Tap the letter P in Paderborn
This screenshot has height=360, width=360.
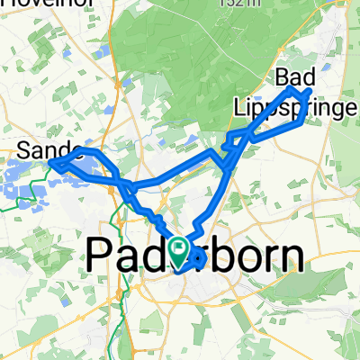tap(100, 256)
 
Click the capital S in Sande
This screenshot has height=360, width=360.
tap(26, 151)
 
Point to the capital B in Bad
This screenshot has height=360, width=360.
tap(284, 76)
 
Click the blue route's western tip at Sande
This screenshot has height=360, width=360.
tap(50, 164)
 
